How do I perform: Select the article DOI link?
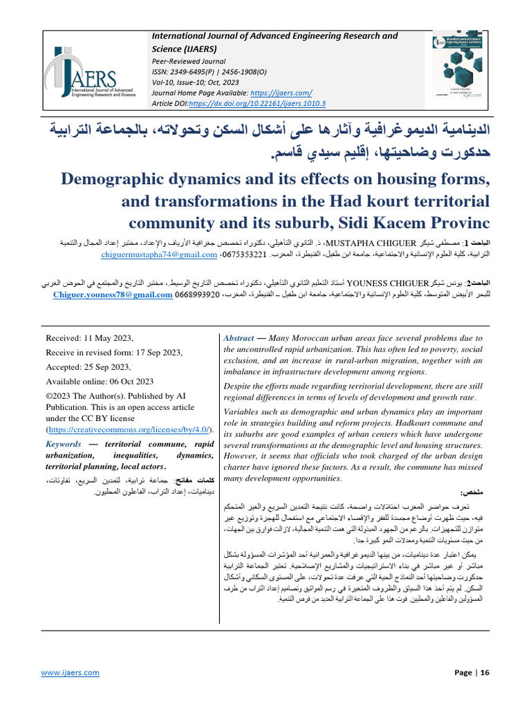(257, 104)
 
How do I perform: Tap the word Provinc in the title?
(454, 224)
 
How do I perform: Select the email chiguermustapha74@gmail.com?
(158, 255)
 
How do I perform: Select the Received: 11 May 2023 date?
(95, 338)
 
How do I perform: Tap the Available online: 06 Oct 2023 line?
(100, 381)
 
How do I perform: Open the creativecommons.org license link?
(127, 429)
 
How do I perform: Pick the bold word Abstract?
(239, 338)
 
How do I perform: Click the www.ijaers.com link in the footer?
(70, 672)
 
